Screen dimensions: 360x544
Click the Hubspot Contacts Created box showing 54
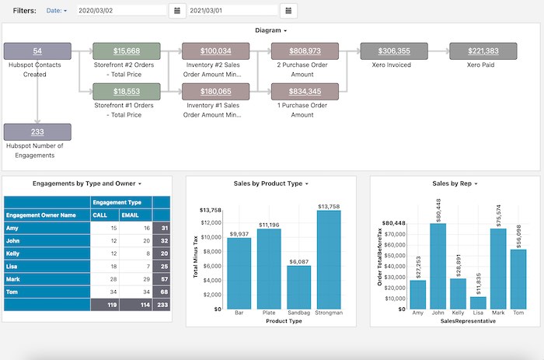pyautogui.click(x=37, y=51)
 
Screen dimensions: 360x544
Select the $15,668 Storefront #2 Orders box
pyautogui.click(x=127, y=51)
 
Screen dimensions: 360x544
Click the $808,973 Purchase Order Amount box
pyautogui.click(x=305, y=51)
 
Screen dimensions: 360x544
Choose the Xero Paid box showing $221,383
pyautogui.click(x=483, y=51)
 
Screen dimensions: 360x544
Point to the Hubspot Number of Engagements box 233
pyautogui.click(x=37, y=132)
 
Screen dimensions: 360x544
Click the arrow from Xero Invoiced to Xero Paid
pyautogui.click(x=440, y=51)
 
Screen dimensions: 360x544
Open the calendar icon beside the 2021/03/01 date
pyautogui.click(x=288, y=11)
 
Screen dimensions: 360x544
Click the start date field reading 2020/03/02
pyautogui.click(x=121, y=11)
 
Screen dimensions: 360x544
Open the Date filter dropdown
pyautogui.click(x=57, y=11)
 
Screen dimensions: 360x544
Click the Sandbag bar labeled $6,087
pyautogui.click(x=298, y=287)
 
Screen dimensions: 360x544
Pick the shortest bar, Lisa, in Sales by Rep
pyautogui.click(x=478, y=302)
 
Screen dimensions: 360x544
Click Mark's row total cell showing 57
pyautogui.click(x=161, y=278)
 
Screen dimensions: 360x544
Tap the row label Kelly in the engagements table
pyautogui.click(x=13, y=253)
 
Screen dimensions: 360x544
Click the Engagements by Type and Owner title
pyautogui.click(x=85, y=183)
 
